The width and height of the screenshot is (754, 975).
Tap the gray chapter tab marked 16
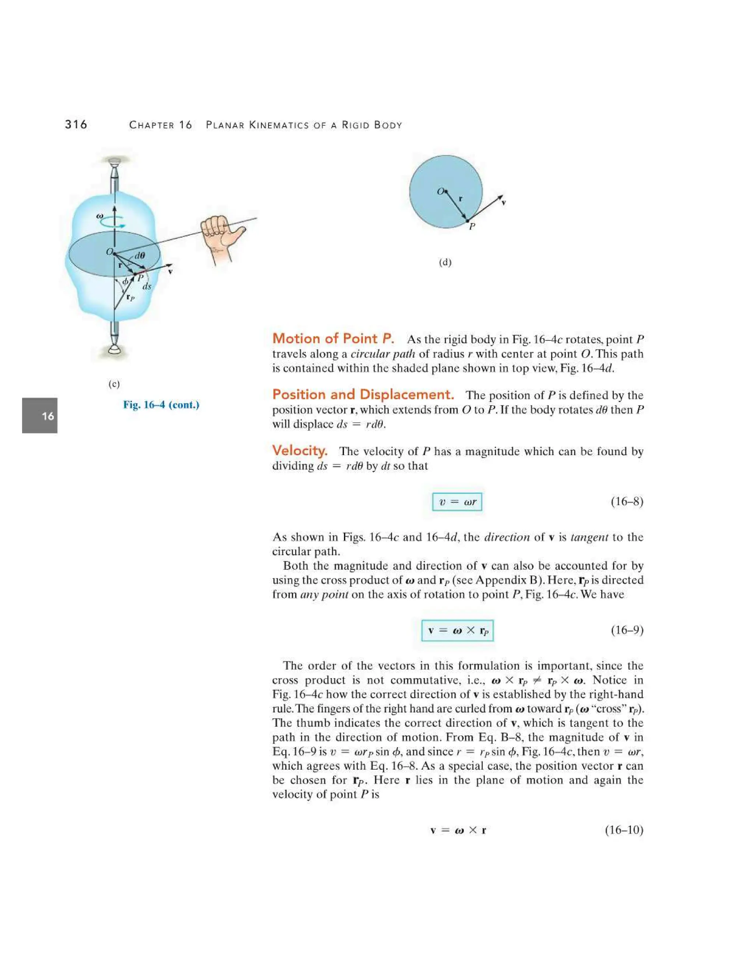click(x=40, y=416)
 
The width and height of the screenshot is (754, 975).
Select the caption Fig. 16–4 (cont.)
click(x=161, y=405)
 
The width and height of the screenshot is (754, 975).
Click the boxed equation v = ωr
click(x=457, y=502)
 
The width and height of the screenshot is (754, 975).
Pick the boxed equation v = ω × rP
click(x=457, y=630)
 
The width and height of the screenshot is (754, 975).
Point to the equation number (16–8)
click(x=627, y=502)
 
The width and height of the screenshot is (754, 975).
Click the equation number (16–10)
click(x=624, y=830)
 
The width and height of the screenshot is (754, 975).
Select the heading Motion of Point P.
click(x=333, y=338)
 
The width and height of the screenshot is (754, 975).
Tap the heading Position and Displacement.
click(x=363, y=395)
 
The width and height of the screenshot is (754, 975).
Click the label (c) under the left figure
click(x=114, y=384)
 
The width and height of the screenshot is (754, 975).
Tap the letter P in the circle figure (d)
click(x=472, y=227)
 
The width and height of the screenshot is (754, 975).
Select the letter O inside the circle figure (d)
click(x=440, y=192)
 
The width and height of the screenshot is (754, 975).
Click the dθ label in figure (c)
click(x=140, y=256)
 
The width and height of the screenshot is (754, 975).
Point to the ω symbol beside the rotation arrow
click(x=100, y=216)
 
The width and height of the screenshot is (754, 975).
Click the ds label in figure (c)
click(x=147, y=287)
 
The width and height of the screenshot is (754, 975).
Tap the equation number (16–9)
click(x=627, y=630)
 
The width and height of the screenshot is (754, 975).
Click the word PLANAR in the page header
click(x=225, y=125)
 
